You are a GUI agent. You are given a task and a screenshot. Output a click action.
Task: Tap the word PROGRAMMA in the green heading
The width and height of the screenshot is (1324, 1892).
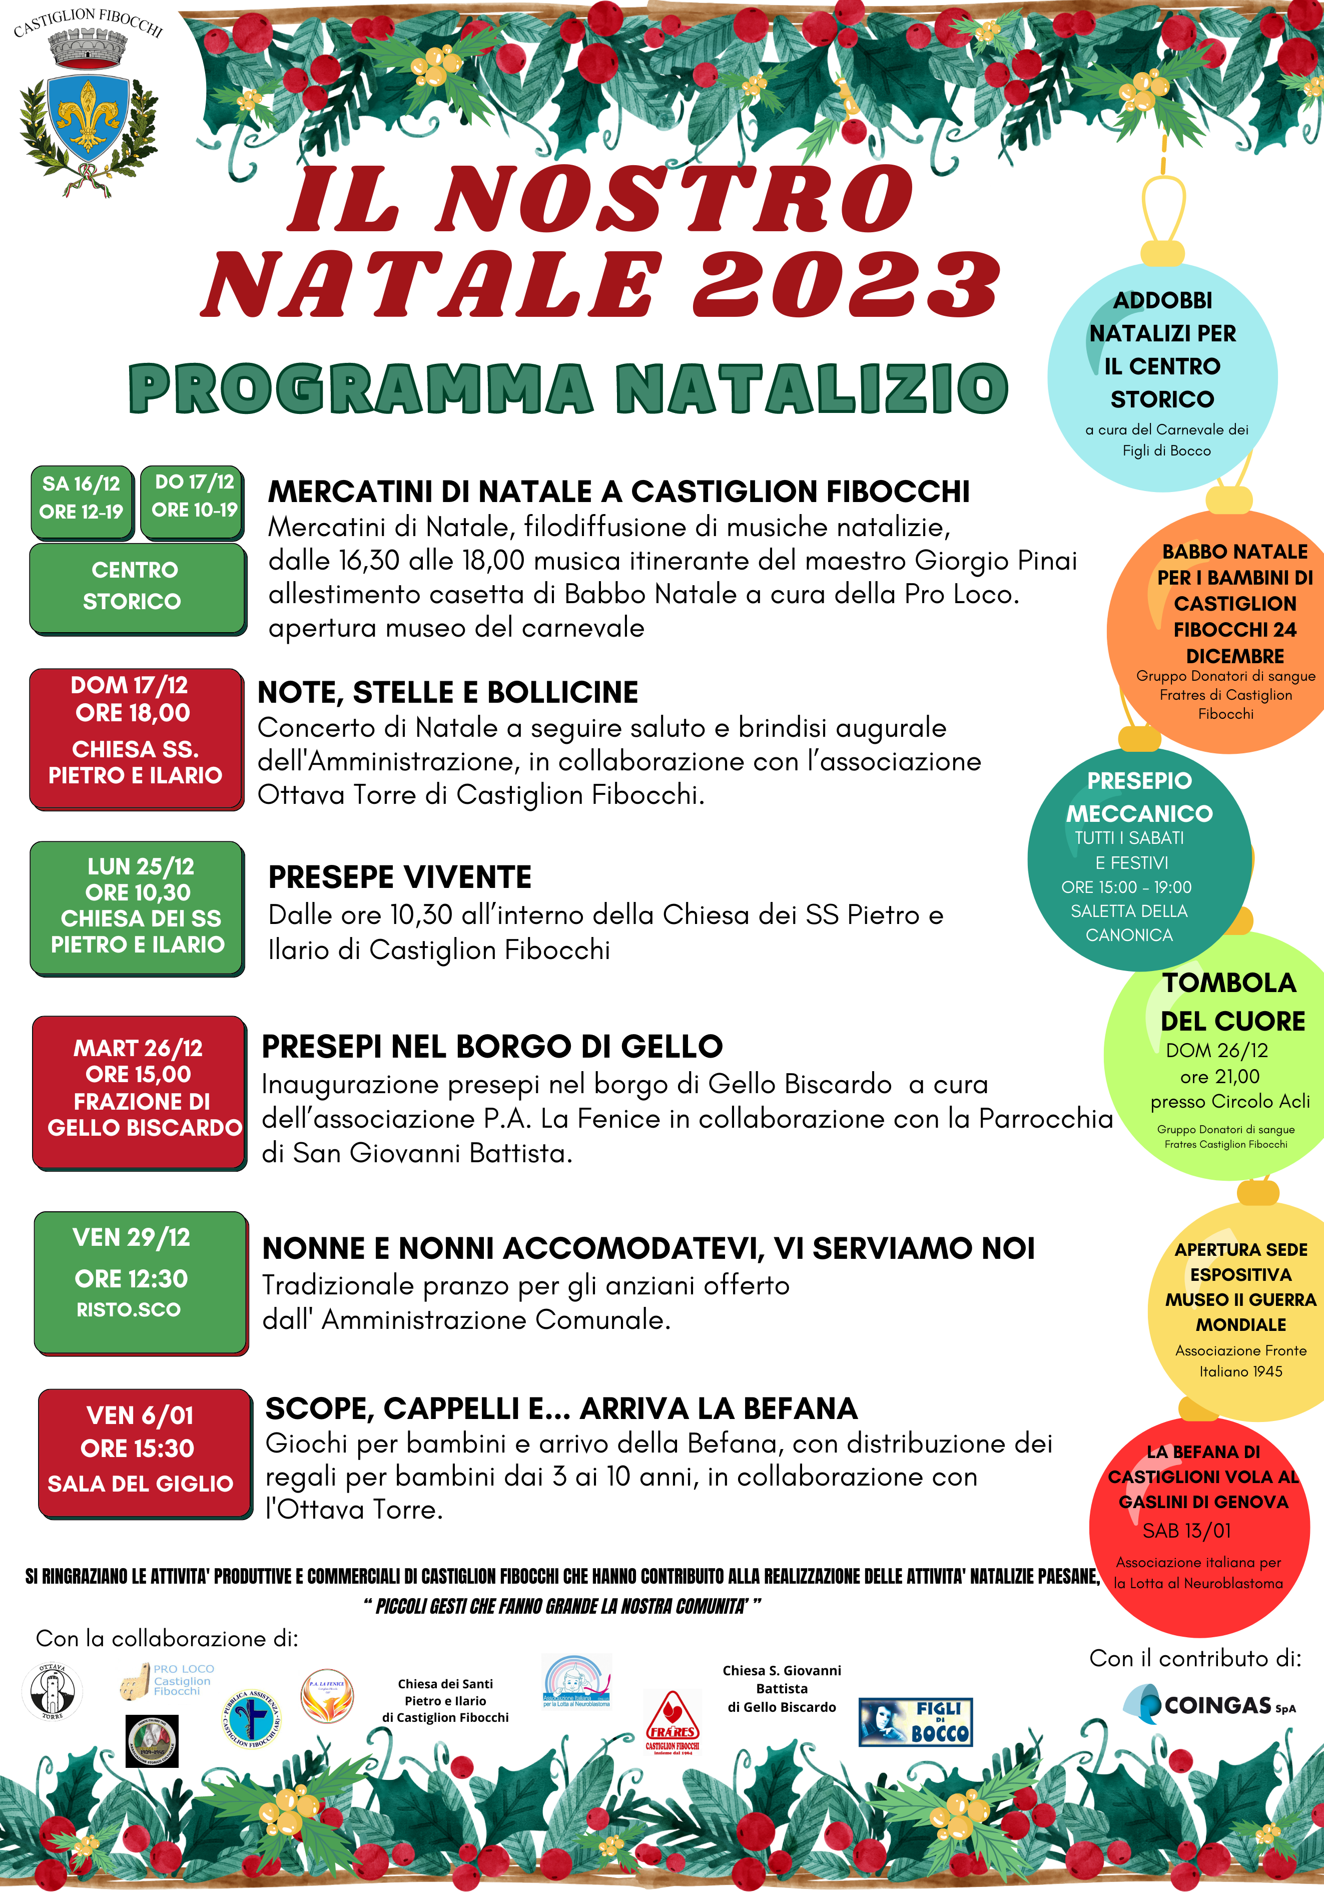[360, 389]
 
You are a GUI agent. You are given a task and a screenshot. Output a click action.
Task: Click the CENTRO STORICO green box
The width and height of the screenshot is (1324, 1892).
[136, 586]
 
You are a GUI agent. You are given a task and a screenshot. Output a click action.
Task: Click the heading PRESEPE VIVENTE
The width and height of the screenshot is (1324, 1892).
[400, 877]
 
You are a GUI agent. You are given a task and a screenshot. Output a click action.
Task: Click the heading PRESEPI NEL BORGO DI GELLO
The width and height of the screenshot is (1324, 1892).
[492, 1047]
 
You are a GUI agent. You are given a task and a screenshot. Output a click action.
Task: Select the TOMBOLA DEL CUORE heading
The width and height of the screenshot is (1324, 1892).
[1232, 1001]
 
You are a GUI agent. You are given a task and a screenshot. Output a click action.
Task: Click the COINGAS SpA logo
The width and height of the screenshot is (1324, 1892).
[1211, 1704]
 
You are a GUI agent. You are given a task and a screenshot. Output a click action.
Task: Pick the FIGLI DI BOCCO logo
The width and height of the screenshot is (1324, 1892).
[915, 1721]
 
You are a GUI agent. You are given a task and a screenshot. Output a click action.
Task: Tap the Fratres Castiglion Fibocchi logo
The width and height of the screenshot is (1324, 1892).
[673, 1722]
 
